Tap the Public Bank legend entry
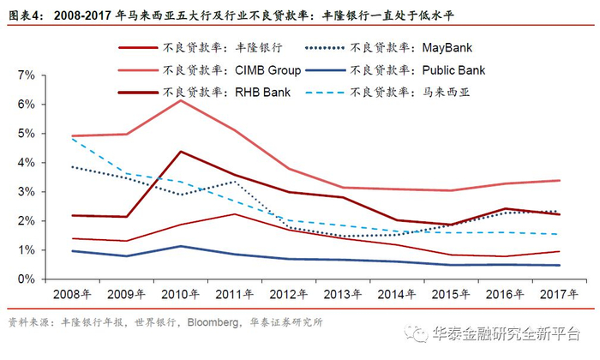pyautogui.click(x=411, y=69)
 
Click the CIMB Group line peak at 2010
pyautogui.click(x=180, y=100)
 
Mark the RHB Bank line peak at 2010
pyautogui.click(x=180, y=152)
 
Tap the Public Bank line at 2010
pyautogui.click(x=180, y=246)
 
